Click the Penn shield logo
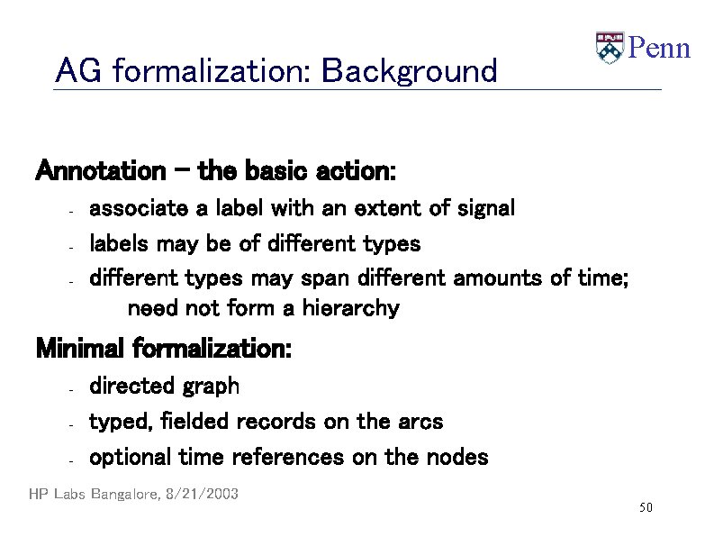tap(610, 48)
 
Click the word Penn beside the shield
tap(658, 48)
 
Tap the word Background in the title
tap(409, 70)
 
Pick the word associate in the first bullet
tap(139, 209)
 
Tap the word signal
tap(485, 209)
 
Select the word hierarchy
tap(350, 309)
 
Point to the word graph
tap(211, 387)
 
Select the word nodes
tap(459, 458)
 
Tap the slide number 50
tap(645, 509)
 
